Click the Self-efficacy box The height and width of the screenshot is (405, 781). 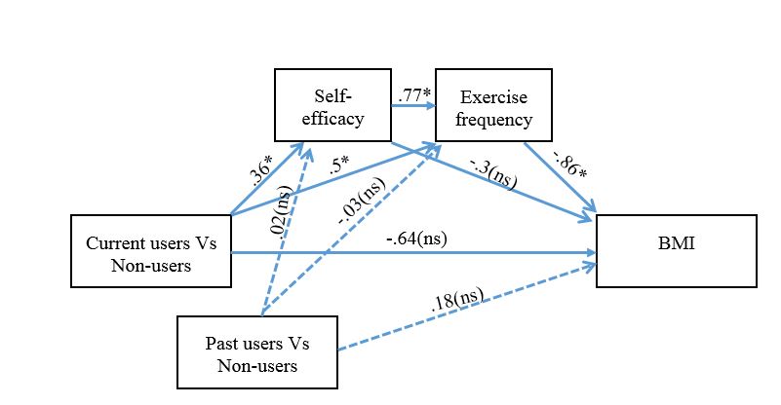[x=332, y=108]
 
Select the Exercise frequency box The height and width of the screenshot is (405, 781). [x=493, y=108]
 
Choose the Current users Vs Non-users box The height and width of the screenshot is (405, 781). [x=151, y=252]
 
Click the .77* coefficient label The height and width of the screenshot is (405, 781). [x=413, y=96]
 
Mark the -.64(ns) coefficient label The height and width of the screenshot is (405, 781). [x=422, y=237]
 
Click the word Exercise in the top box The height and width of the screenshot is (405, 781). [x=493, y=97]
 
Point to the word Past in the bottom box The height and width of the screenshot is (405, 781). [x=223, y=343]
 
